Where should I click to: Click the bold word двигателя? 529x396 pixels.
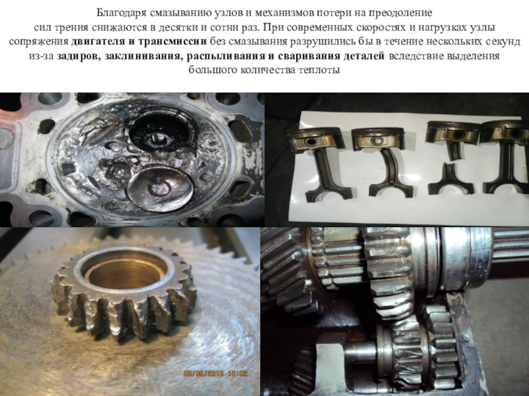click(x=95, y=42)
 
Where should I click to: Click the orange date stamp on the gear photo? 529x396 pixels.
click(x=216, y=374)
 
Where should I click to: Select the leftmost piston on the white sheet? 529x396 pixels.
click(x=315, y=139)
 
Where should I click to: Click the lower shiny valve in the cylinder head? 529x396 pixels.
click(x=160, y=188)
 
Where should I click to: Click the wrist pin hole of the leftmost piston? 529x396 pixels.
click(x=309, y=141)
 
